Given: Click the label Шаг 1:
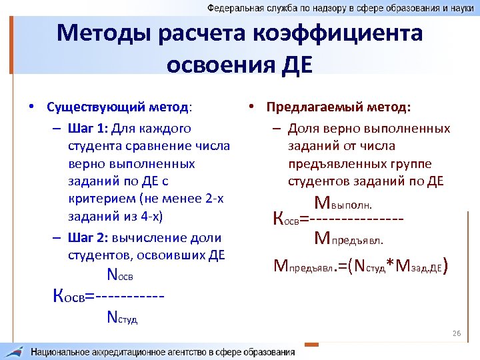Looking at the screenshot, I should pyautogui.click(x=89, y=128).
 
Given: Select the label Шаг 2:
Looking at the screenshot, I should pyautogui.click(x=89, y=238).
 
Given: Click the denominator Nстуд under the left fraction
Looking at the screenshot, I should pyautogui.click(x=122, y=318).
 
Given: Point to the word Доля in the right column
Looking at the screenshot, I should pyautogui.click(x=303, y=128).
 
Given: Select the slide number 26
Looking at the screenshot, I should pyautogui.click(x=457, y=333).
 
